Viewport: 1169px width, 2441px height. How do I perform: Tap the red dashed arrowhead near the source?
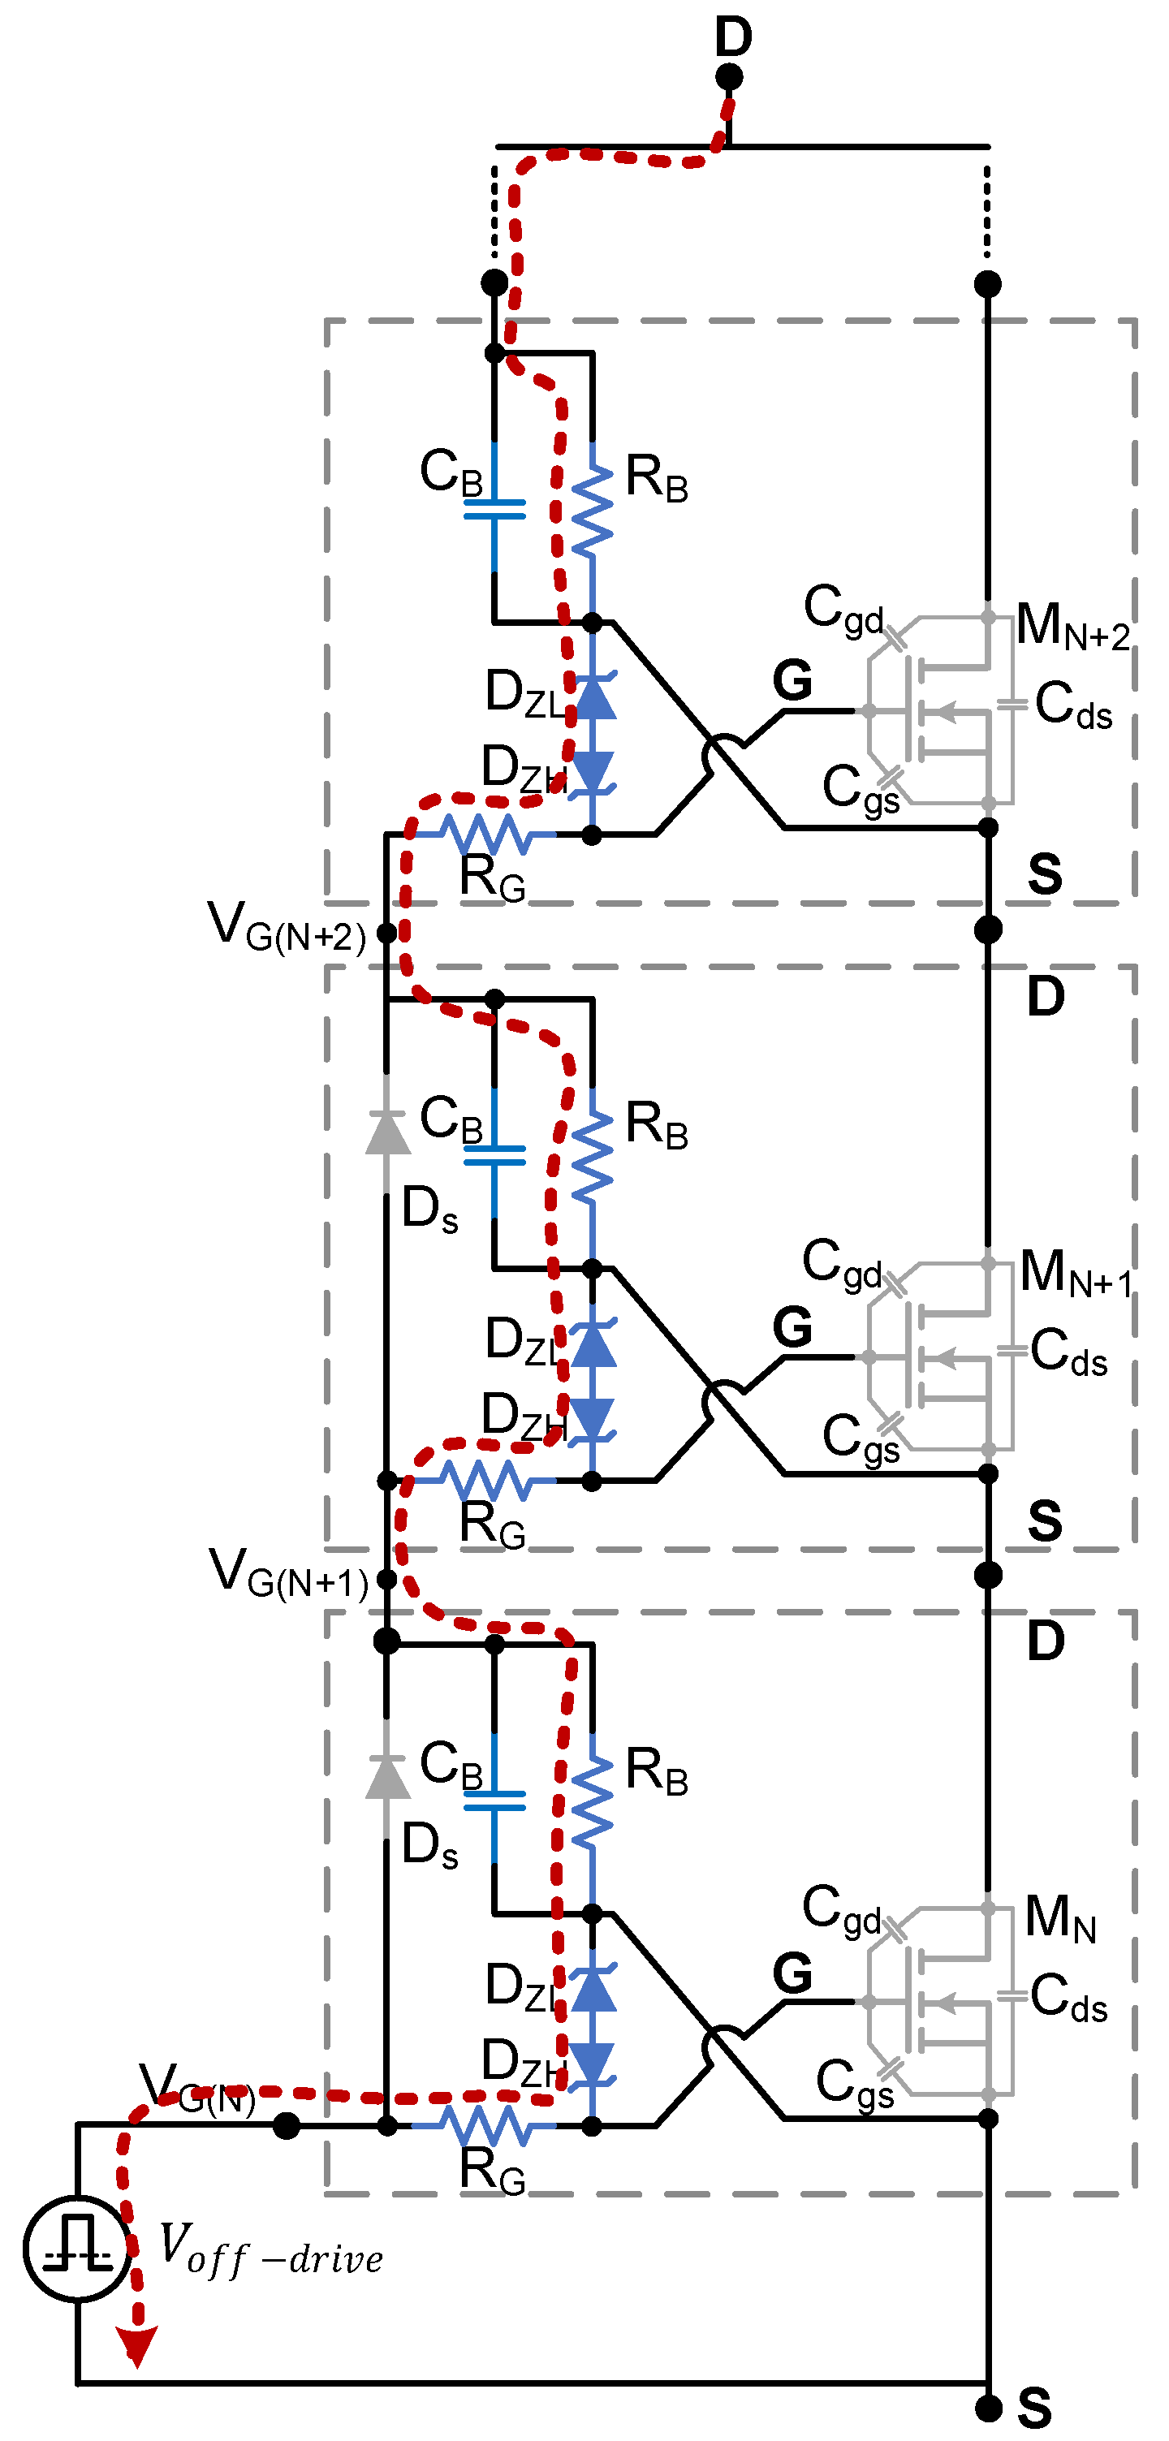click(x=136, y=2345)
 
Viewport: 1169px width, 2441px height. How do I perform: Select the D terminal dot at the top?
click(x=728, y=77)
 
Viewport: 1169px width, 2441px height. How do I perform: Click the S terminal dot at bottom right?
click(x=988, y=2408)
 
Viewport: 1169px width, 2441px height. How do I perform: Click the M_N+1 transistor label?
click(x=1075, y=1274)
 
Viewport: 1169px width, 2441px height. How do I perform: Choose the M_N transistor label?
click(x=1060, y=1918)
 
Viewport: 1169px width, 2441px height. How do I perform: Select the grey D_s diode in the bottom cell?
click(x=387, y=1777)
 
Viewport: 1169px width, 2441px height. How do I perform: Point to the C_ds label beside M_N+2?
click(x=1072, y=706)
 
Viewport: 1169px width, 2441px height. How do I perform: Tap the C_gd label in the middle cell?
click(x=842, y=1265)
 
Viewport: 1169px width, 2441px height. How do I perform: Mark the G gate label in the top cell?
click(x=792, y=680)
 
